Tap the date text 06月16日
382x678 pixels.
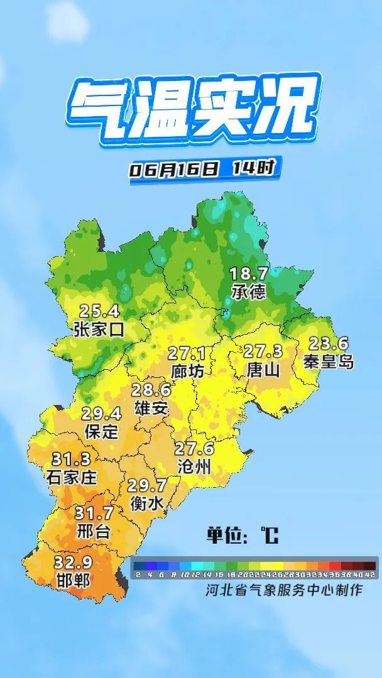coord(175,169)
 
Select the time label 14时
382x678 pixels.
coord(253,168)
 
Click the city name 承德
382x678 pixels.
coord(248,292)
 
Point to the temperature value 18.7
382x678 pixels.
coord(248,274)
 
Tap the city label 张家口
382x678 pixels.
coord(99,328)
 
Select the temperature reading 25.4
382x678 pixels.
coord(99,310)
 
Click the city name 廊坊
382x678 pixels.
coord(187,371)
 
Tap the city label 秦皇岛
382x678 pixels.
coord(328,362)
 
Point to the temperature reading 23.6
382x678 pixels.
coord(327,343)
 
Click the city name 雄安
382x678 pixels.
coord(151,408)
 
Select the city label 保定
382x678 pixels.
coord(101,431)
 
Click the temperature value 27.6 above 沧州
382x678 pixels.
coord(194,449)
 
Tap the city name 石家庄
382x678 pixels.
coord(72,477)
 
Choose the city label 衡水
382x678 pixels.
coord(147,503)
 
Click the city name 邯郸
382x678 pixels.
coord(72,579)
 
